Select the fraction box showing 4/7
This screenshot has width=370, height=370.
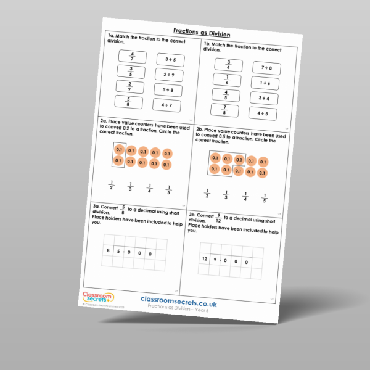tap(131, 57)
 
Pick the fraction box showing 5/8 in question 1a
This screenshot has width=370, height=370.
tap(128, 102)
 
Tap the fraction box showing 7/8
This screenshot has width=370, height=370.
tap(225, 111)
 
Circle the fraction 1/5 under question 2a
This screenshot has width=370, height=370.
tap(168, 189)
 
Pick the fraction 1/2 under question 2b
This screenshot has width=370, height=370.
tap(207, 194)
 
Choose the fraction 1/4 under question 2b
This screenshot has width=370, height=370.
tap(245, 197)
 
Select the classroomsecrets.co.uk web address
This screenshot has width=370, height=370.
tap(183, 299)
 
